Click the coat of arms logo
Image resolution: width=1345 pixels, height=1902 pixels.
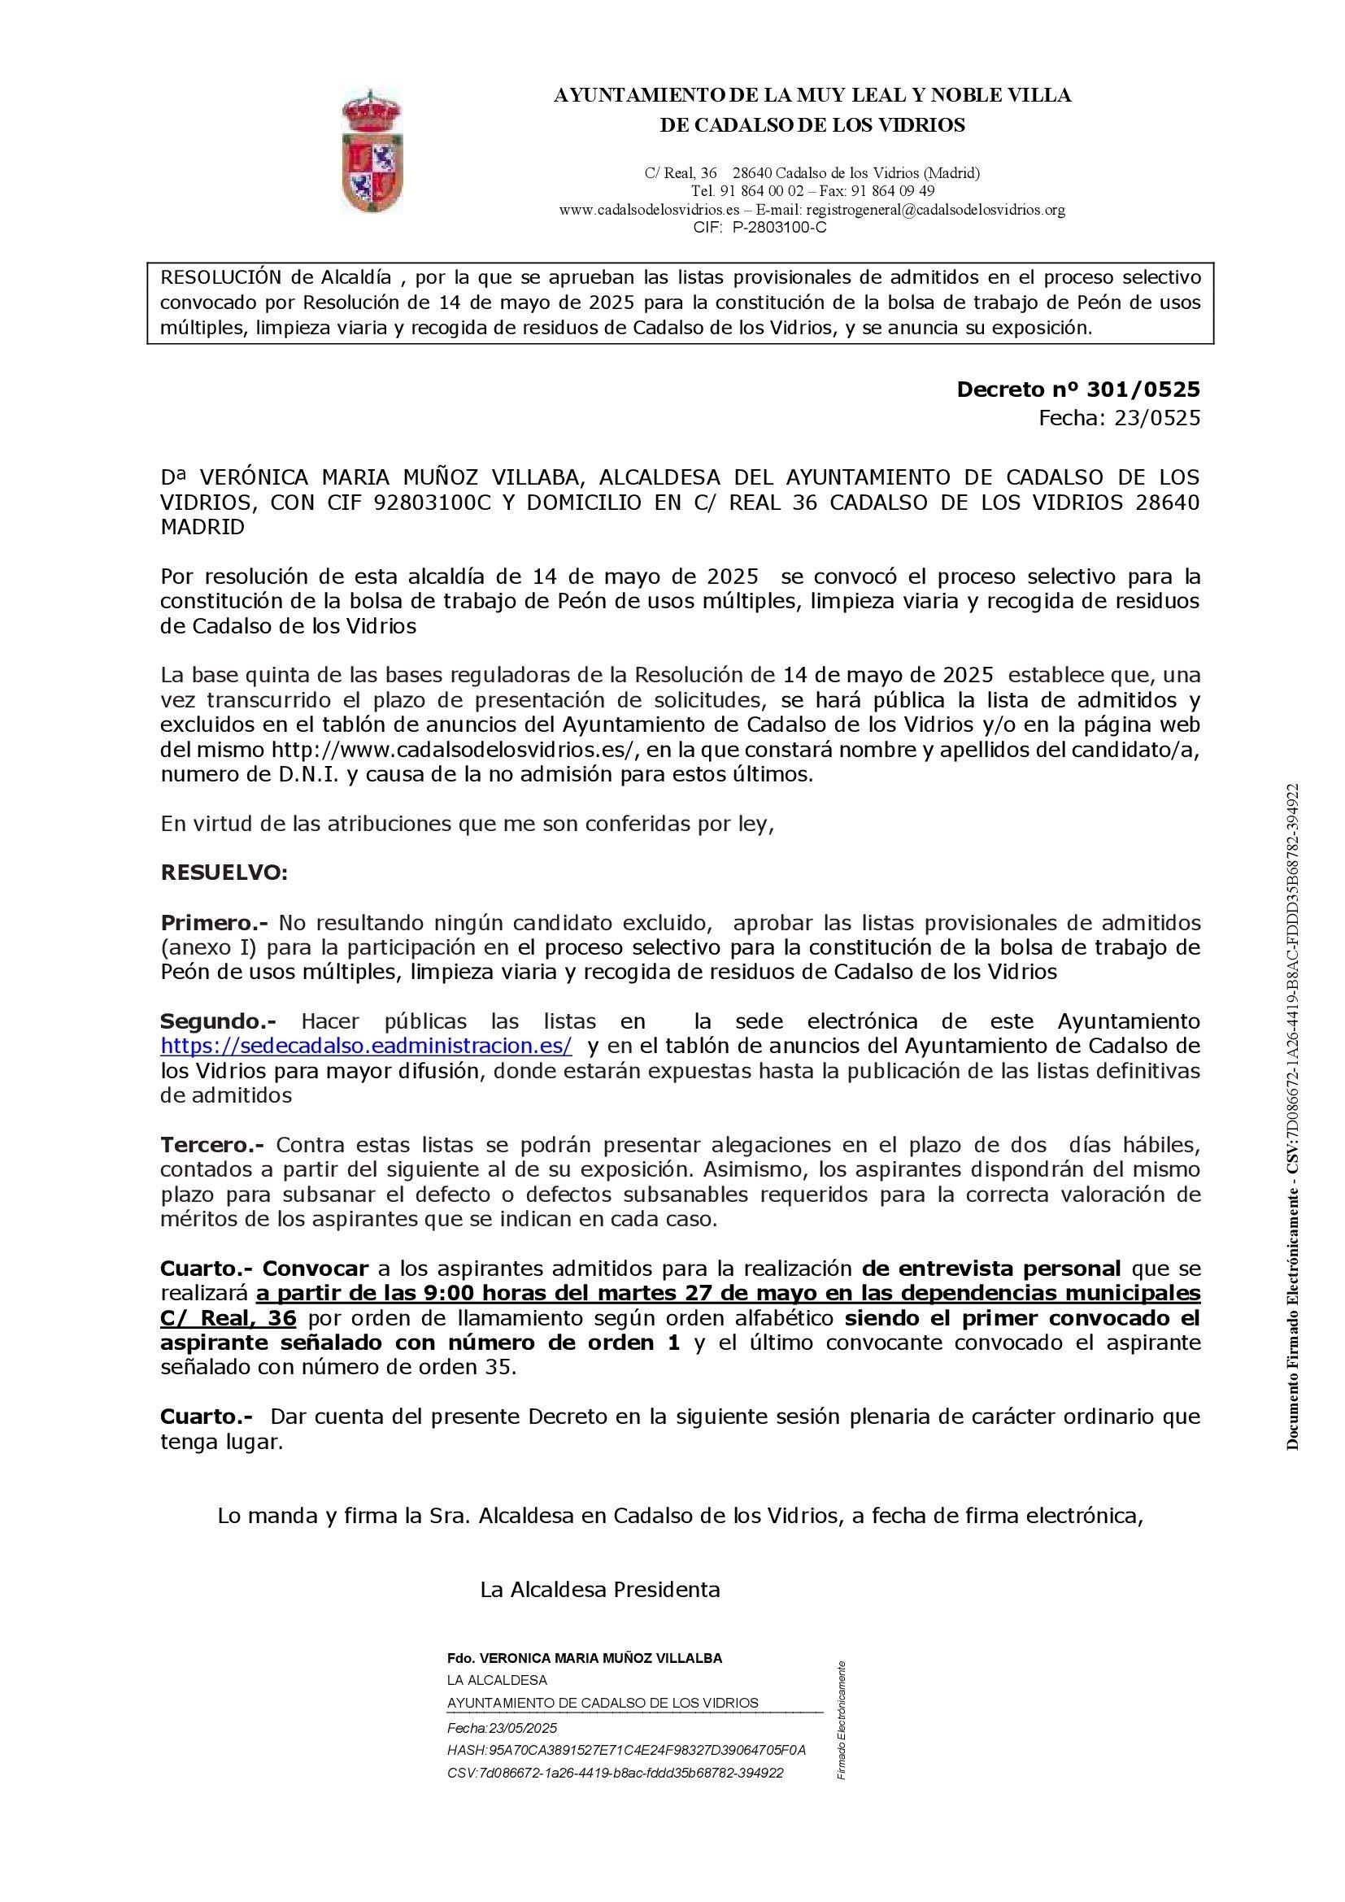coord(372,151)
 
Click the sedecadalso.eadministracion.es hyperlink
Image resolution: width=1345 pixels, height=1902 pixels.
coord(366,1046)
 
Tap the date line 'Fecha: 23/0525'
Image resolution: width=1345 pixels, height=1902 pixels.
coord(1119,418)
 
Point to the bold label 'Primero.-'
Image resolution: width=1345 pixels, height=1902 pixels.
coord(216,923)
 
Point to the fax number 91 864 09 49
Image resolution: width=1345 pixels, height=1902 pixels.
coord(882,191)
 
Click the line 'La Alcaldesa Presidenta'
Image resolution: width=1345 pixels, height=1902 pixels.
coord(599,1590)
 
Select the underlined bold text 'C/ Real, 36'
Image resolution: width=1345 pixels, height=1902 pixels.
coord(229,1319)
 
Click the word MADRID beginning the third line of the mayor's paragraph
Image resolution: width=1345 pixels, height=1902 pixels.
coord(203,528)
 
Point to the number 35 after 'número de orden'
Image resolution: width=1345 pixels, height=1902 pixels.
coord(495,1368)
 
